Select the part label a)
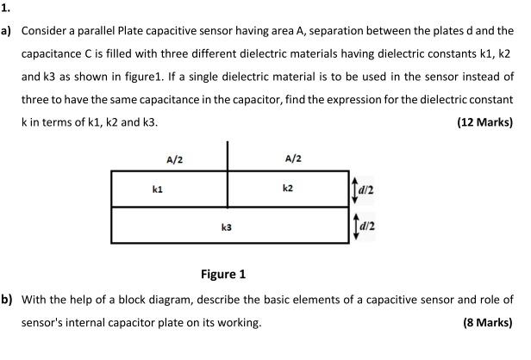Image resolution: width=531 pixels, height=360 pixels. coord(7,30)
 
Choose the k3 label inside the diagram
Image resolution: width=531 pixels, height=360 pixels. coord(226,228)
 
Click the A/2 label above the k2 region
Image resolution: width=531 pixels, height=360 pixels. coord(292,159)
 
